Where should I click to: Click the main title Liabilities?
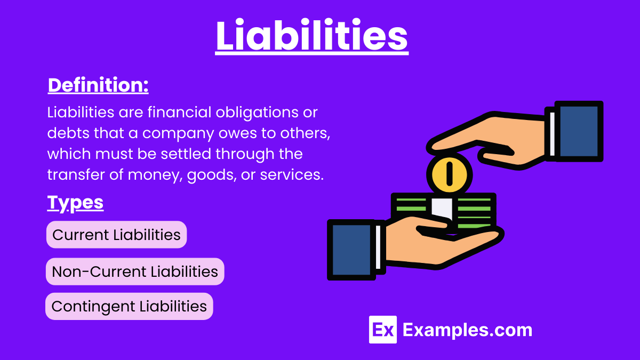coord(311,35)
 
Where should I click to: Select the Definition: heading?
coord(98,85)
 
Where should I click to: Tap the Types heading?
coord(75,203)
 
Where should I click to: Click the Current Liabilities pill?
coord(117,235)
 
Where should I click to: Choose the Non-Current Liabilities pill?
coord(135,271)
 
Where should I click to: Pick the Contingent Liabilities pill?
coord(129,306)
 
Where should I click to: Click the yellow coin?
coord(449,174)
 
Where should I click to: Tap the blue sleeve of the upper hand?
coord(579,131)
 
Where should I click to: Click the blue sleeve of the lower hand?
coord(351,250)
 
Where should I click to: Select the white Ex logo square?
coord(383,330)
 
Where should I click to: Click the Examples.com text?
coord(467,330)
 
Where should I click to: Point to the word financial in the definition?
coord(179,112)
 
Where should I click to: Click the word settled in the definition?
coord(186,154)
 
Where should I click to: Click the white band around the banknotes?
coord(442,210)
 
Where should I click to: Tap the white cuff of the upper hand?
coord(553,134)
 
